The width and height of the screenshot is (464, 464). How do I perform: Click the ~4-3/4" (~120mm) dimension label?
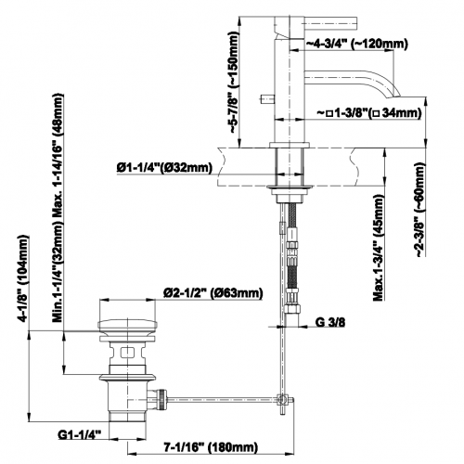pos(356,45)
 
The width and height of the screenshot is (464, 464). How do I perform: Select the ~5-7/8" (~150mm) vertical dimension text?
pos(234,83)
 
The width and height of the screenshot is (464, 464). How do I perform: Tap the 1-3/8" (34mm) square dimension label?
pos(369,113)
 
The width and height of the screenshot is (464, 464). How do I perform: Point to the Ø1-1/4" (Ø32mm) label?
pos(164,167)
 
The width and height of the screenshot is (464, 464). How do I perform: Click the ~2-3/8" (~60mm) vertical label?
pos(420,210)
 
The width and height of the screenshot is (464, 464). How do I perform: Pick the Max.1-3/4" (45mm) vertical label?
pos(379,248)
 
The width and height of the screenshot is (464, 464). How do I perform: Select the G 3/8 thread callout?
pos(330,322)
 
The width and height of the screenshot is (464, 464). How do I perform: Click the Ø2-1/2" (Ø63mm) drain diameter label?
pos(213,293)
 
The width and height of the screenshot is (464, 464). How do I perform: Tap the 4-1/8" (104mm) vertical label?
pos(24,278)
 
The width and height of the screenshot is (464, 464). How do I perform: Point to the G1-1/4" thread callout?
pos(80,434)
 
